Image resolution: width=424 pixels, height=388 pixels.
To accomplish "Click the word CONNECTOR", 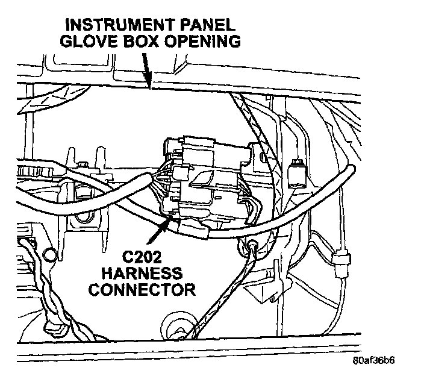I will point(141,290).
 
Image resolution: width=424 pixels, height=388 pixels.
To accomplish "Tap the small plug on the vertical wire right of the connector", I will point(295,172).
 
